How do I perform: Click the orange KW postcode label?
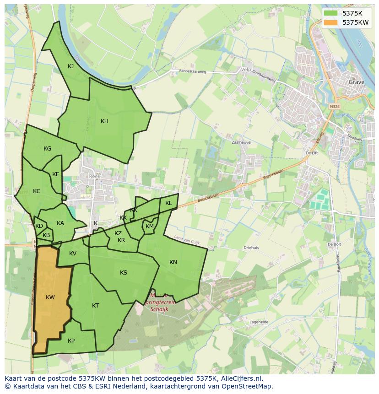(x=50, y=297)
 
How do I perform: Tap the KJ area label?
(x=71, y=66)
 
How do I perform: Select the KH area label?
(x=104, y=121)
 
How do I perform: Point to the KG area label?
(x=47, y=149)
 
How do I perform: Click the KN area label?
(x=173, y=262)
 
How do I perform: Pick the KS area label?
(x=124, y=273)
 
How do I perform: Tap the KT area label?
(x=95, y=306)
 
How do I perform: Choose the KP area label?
(x=71, y=341)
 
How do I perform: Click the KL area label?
(x=168, y=203)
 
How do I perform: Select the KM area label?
(x=150, y=227)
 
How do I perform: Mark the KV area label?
(x=73, y=254)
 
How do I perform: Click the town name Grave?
(x=357, y=82)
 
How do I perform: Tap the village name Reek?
(x=94, y=176)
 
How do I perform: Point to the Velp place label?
(x=246, y=70)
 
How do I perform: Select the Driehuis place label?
(x=251, y=248)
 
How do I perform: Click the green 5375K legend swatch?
(x=331, y=13)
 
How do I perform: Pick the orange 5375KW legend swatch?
(x=331, y=22)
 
